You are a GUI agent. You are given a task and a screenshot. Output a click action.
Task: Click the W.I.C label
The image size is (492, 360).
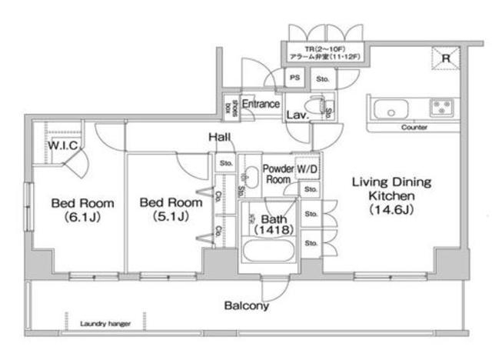coord(61,145)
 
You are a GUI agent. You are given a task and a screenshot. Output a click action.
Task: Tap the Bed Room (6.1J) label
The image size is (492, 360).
coord(82,210)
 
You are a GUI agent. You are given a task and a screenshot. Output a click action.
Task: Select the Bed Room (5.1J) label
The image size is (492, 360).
coord(171,210)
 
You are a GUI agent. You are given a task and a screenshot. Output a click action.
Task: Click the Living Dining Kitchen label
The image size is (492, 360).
coord(391,195)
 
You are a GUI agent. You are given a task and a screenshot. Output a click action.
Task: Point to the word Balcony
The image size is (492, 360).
coord(246,306)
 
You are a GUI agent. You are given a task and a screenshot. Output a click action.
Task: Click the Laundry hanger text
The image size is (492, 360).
coord(105,324)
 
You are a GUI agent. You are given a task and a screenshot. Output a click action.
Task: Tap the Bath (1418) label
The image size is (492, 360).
coord(270,223)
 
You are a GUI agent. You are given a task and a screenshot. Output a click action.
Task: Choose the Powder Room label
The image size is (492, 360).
coord(278,174)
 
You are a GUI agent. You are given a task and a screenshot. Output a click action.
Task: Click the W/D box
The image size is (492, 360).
coord(307,168)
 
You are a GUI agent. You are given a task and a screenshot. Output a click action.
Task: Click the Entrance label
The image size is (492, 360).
coord(261,104)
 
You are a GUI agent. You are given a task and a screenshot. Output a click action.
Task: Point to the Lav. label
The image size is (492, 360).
coord(298,115)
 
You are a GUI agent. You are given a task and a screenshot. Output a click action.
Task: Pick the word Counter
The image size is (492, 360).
coord(414,127)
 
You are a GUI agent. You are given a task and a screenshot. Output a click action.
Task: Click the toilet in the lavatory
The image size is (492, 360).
coord(314,105)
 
